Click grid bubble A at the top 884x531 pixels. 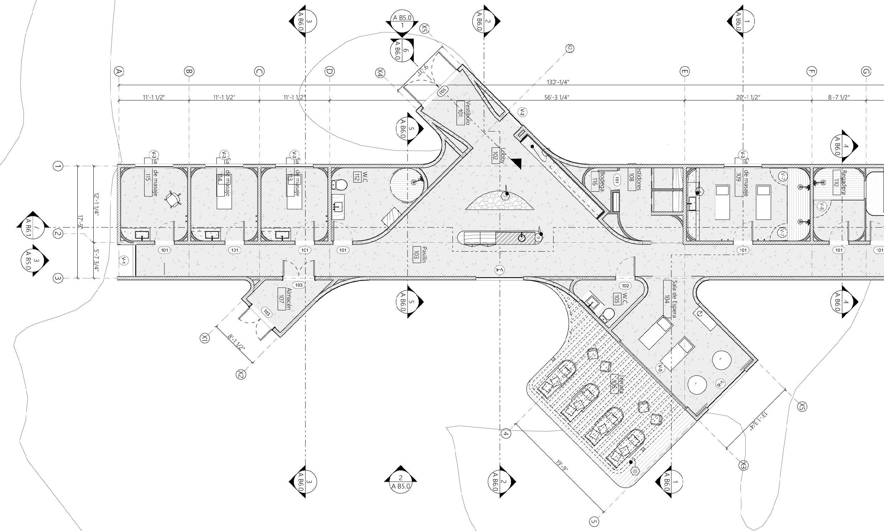point(119,71)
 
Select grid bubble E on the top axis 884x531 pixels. point(684,72)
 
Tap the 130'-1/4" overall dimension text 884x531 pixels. point(558,82)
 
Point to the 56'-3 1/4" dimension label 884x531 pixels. point(557,97)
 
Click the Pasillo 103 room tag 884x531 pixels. point(416,255)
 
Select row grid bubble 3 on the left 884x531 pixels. point(58,278)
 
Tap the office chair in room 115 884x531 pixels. point(174,199)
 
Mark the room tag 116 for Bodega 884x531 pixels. point(595,181)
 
